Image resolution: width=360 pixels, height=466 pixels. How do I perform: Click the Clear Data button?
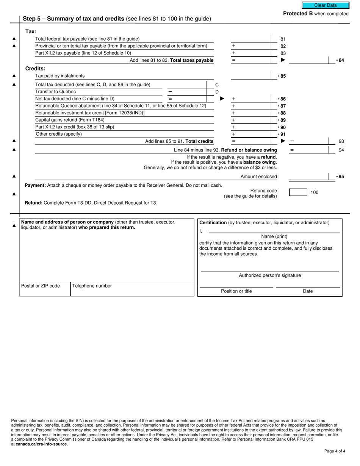325,5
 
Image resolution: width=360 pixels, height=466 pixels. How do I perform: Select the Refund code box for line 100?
298,192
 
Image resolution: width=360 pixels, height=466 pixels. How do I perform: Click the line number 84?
341,60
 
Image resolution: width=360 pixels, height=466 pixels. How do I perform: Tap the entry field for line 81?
250,39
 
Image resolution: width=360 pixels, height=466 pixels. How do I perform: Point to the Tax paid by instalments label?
60,76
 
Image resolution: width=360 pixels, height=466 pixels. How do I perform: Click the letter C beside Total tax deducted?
217,85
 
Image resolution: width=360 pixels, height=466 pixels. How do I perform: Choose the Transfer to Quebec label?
55,92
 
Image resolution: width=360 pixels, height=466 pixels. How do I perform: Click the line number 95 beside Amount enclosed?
341,177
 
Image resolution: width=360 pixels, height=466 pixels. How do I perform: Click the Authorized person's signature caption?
270,275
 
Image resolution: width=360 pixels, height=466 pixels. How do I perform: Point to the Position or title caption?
236,291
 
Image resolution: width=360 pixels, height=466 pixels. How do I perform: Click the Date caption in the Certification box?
308,291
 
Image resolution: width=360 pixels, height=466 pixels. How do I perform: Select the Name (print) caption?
274,236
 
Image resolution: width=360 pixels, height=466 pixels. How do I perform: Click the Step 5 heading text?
117,19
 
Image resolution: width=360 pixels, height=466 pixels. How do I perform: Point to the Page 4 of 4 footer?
335,451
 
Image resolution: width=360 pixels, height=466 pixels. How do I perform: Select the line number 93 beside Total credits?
341,141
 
